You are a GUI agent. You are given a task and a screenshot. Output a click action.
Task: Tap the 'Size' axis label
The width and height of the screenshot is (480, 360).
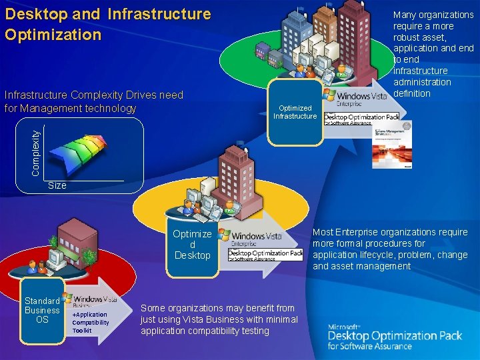(57, 185)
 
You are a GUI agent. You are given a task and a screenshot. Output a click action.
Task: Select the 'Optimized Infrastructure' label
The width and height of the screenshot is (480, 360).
(295, 112)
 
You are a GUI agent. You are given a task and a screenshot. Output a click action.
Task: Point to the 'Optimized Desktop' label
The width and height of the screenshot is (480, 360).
(192, 244)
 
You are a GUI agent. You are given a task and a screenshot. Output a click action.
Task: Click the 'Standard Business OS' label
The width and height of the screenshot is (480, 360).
(42, 310)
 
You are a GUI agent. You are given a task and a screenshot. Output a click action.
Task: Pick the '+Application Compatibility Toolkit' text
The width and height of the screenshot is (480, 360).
(90, 322)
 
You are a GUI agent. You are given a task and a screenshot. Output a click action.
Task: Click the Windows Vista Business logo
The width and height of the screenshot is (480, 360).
(91, 300)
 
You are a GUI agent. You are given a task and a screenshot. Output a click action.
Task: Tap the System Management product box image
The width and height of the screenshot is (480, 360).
(393, 143)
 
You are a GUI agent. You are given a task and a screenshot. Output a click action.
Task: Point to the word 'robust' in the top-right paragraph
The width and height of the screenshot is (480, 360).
(407, 37)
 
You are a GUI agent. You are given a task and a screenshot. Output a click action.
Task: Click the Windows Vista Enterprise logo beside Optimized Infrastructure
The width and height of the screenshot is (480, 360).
(355, 98)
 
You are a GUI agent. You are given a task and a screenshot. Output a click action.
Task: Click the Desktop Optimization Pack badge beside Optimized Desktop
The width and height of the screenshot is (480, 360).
(265, 255)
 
